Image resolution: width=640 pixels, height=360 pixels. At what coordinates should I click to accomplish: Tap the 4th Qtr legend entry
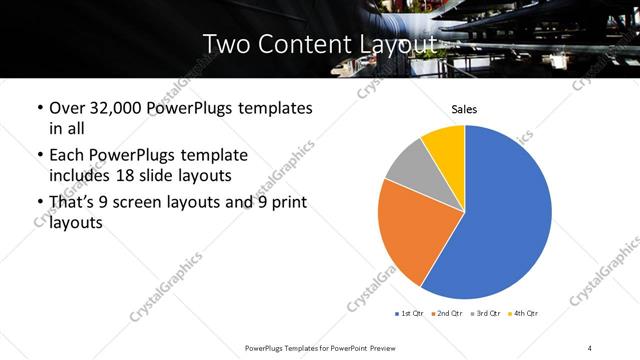pyautogui.click(x=525, y=314)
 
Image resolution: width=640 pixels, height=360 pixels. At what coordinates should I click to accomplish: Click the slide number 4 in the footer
pyautogui.click(x=590, y=347)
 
